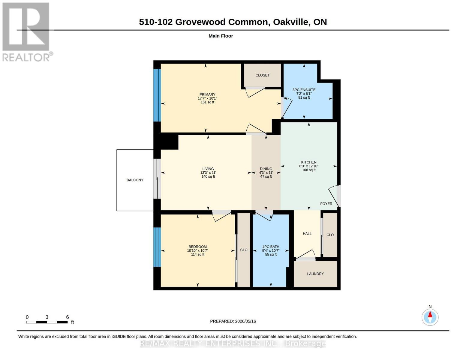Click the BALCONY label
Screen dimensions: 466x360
point(135,180)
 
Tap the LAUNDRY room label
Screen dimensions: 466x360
point(315,274)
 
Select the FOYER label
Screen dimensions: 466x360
point(326,204)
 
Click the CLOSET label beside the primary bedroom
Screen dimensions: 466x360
point(263,75)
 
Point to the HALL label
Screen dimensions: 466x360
point(307,234)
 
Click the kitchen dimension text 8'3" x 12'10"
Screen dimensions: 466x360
point(309,166)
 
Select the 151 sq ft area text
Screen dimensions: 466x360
point(207,102)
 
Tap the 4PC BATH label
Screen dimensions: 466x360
point(271,247)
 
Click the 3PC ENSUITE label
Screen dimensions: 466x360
point(304,90)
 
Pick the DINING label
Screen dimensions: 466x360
point(266,169)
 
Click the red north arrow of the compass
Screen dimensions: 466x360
point(430,314)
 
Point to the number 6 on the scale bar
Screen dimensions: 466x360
point(67,317)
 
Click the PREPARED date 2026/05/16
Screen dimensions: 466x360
point(245,321)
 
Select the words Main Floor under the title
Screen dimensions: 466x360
point(221,36)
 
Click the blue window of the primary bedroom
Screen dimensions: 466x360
point(157,95)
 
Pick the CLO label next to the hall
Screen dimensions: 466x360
point(330,235)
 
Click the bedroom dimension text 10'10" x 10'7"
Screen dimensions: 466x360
point(197,250)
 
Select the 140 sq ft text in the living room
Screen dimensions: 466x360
point(208,177)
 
